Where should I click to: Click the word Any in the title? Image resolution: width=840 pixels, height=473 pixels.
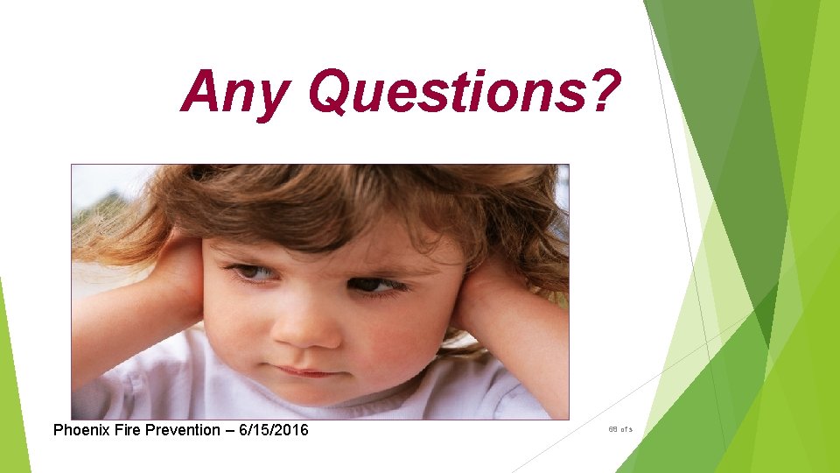point(233,93)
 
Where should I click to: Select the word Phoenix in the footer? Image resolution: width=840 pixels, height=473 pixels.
point(81,430)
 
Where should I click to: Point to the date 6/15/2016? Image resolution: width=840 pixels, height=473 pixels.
point(272,430)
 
